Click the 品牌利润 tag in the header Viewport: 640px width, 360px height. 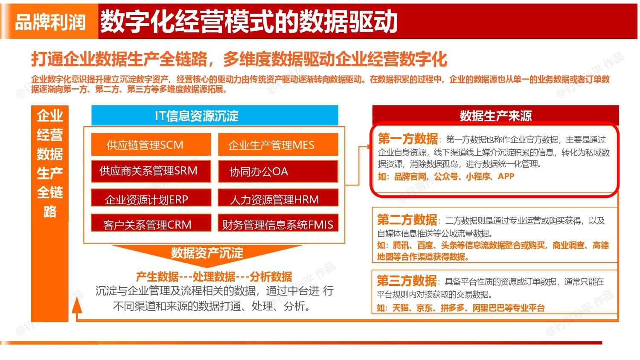tap(50, 22)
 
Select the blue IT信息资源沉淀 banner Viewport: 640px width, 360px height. tap(215, 116)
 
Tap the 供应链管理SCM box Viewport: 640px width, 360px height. tap(151, 144)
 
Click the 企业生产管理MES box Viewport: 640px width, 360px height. tap(278, 144)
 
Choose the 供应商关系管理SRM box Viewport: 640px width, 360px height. tap(151, 171)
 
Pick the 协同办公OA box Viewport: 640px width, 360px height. tap(278, 171)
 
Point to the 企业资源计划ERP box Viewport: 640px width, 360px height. tap(151, 197)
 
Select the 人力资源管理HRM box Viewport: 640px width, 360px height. tap(278, 197)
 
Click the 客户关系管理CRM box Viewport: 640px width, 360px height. tap(151, 223)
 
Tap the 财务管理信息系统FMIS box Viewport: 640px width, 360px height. tap(278, 223)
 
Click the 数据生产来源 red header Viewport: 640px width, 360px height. tap(496, 116)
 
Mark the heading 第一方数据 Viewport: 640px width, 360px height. tap(408, 139)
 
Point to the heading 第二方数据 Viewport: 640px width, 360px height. tap(407, 220)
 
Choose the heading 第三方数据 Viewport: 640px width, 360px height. tap(407, 281)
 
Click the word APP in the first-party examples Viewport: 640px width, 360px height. tap(506, 176)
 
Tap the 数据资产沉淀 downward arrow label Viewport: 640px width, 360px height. tap(207, 253)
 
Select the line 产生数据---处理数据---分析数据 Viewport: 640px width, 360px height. tap(214, 276)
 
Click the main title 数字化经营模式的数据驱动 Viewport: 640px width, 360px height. tap(249, 21)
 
